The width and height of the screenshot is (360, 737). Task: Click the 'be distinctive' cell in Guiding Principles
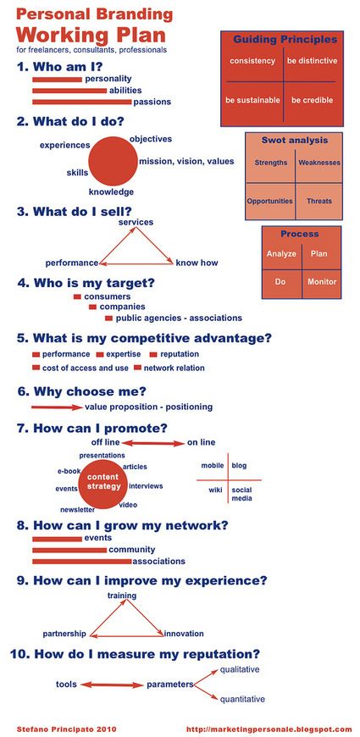pyautogui.click(x=313, y=61)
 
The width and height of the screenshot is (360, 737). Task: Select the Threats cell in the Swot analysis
pyautogui.click(x=319, y=201)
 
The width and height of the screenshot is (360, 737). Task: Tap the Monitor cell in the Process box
pyautogui.click(x=322, y=282)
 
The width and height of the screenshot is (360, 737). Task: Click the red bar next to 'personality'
pyautogui.click(x=57, y=80)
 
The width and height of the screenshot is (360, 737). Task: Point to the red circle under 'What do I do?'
pyautogui.click(x=113, y=162)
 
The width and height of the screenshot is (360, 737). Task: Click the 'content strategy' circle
pyautogui.click(x=103, y=482)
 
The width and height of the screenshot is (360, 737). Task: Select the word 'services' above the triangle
pyautogui.click(x=136, y=222)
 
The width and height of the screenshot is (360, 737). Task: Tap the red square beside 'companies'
pyautogui.click(x=92, y=307)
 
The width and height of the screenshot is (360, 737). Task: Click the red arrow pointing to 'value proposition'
pyautogui.click(x=57, y=407)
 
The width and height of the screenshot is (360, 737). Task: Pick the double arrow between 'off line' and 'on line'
pyautogui.click(x=153, y=443)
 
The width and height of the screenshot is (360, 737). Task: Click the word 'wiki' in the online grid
pyautogui.click(x=215, y=490)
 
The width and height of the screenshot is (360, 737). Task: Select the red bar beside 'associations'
pyautogui.click(x=82, y=561)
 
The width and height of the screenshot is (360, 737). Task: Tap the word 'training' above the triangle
pyautogui.click(x=122, y=596)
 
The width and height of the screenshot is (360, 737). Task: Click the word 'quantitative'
pyautogui.click(x=242, y=700)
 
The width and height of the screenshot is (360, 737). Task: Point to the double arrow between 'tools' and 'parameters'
pyautogui.click(x=112, y=684)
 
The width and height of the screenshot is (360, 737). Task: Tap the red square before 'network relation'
pyautogui.click(x=137, y=368)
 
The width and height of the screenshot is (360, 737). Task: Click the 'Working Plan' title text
pyautogui.click(x=91, y=36)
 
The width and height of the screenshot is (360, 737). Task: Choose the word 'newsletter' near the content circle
pyautogui.click(x=78, y=509)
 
